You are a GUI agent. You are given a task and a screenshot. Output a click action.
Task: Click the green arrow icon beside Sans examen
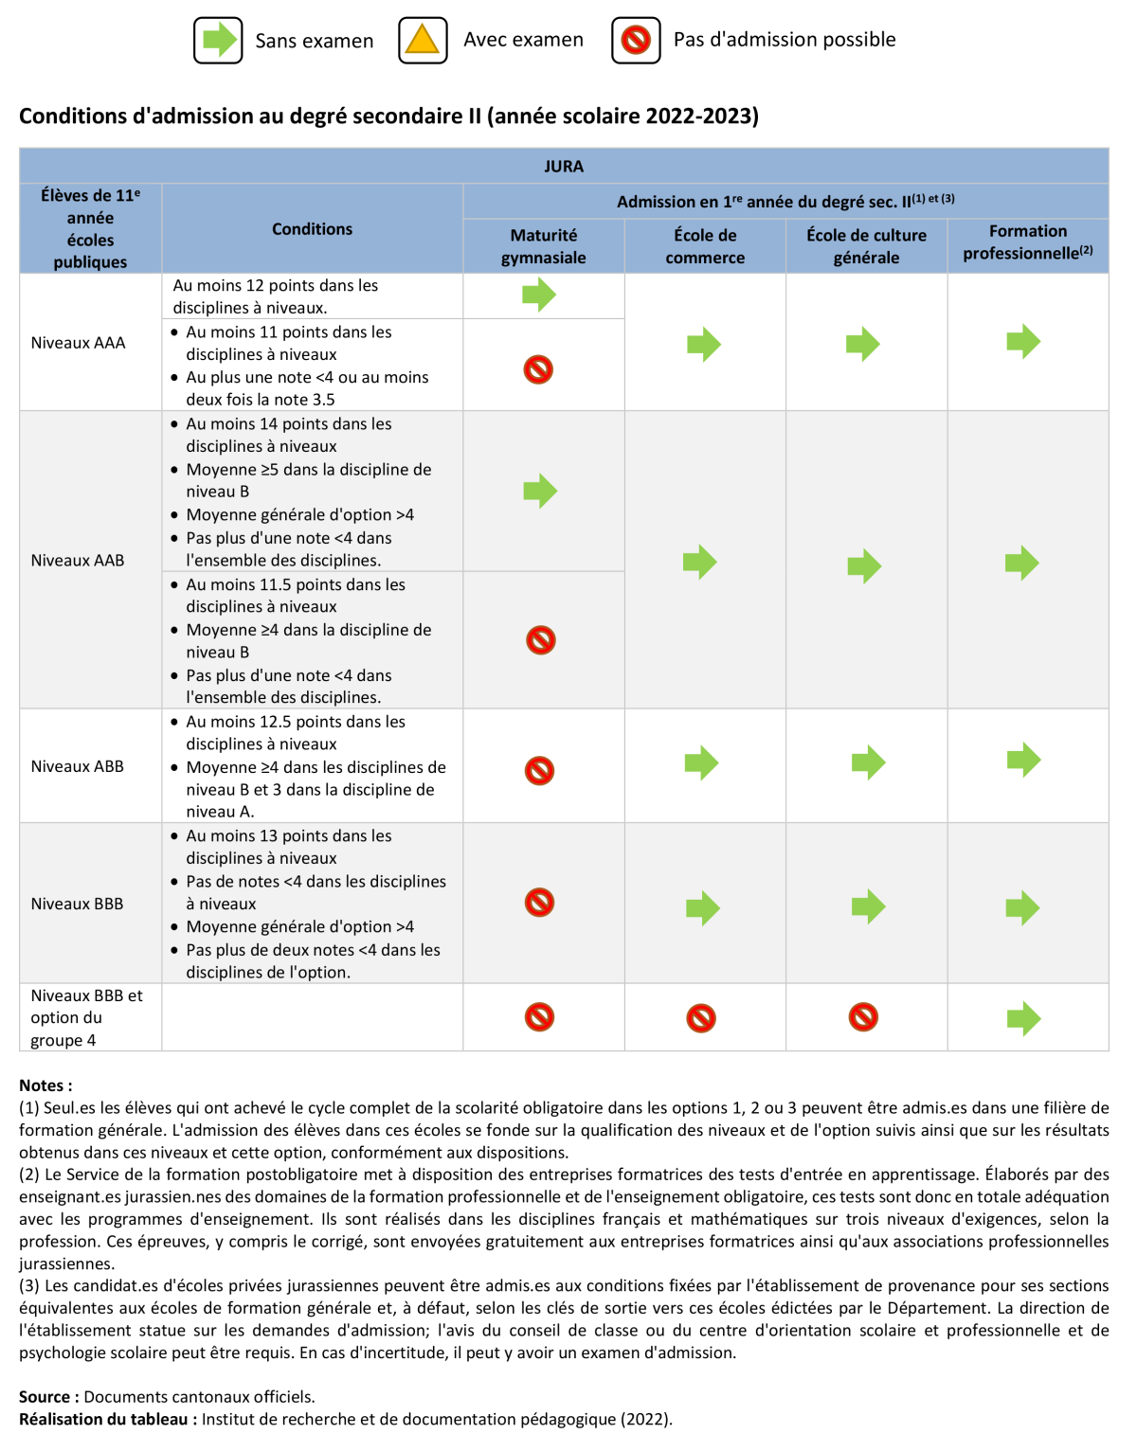pos(219,40)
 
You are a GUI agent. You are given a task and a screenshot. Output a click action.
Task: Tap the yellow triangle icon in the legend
pos(423,40)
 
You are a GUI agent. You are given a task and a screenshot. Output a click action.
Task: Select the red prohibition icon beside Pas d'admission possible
pos(636,40)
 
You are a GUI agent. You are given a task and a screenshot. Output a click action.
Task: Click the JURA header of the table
pos(564,167)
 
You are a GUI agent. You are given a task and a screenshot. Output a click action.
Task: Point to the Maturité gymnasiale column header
pos(543,246)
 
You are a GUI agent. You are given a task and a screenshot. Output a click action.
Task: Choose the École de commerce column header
pos(705,246)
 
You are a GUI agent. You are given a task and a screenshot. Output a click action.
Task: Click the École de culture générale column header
pos(866,246)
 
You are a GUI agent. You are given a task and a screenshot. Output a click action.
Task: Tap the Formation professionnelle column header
pos(1028,242)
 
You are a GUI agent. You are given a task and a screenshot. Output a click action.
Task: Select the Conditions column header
pos(312,229)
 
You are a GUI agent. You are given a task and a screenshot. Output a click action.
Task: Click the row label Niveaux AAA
pos(78,343)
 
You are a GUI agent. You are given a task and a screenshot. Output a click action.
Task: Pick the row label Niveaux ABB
pos(78,766)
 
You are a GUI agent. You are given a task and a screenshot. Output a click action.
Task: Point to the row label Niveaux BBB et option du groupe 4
pos(86,1017)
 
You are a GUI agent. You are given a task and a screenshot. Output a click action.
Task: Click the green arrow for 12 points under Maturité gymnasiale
pos(539,295)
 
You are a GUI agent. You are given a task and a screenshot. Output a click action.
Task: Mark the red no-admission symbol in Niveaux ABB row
pos(539,771)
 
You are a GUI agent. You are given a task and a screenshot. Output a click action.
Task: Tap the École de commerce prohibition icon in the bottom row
pos(701,1018)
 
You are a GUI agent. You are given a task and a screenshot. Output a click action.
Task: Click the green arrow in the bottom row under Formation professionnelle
pos(1023,1019)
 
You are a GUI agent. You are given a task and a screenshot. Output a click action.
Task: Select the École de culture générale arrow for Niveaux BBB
pos(868,906)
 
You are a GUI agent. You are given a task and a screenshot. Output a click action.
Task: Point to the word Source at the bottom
pos(45,1397)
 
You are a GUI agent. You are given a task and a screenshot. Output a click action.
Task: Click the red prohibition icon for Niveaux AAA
pos(538,369)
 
